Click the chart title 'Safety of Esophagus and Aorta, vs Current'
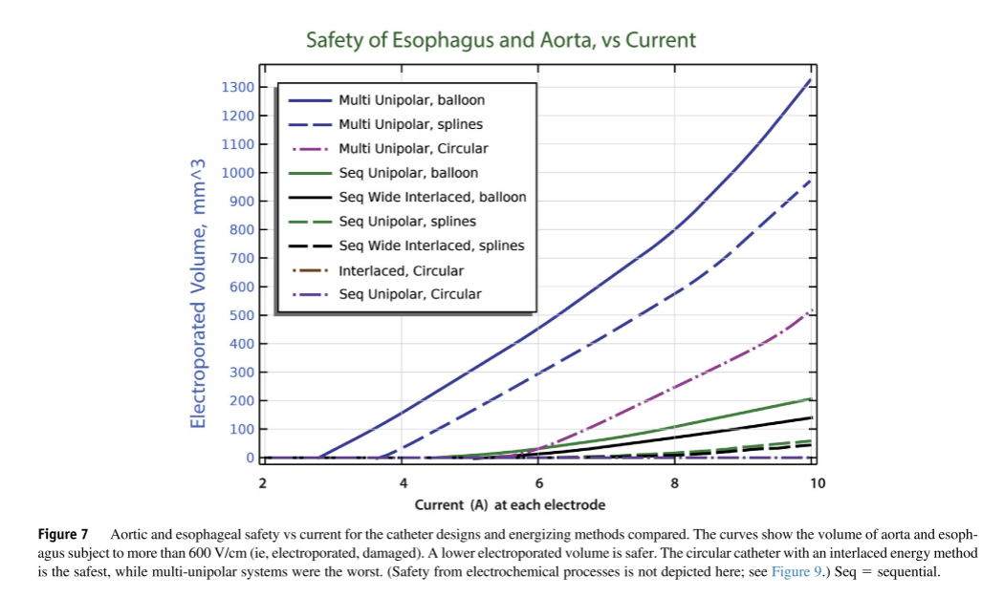click(500, 40)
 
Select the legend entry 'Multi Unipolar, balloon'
click(411, 100)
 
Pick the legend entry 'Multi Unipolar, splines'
click(410, 124)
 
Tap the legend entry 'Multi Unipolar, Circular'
click(413, 149)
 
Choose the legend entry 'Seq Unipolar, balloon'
click(408, 173)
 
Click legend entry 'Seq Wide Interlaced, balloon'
click(432, 198)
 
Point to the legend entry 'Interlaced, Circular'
click(401, 270)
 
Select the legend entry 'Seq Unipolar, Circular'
click(410, 294)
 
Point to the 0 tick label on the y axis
click(251, 458)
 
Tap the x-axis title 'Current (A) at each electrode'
click(510, 504)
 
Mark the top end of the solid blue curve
click(811, 79)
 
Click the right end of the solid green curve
click(811, 398)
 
